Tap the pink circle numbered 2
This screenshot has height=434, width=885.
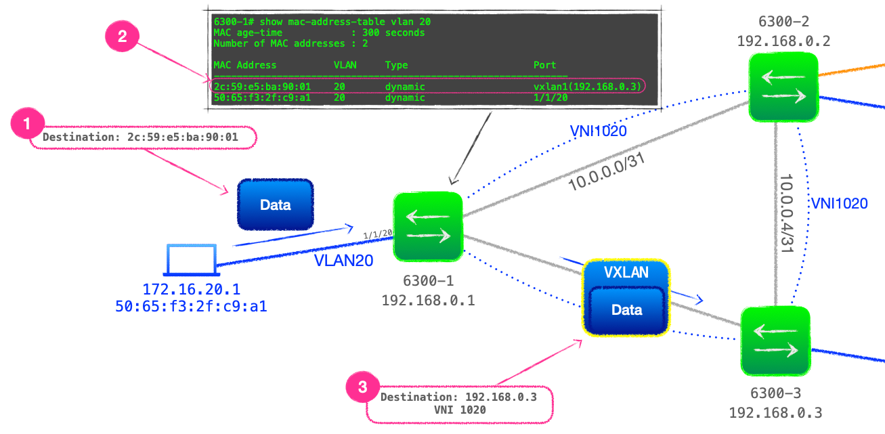click(122, 37)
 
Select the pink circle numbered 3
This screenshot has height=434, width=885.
click(363, 387)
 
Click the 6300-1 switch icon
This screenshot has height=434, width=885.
click(428, 227)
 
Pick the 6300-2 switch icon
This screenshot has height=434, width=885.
click(784, 87)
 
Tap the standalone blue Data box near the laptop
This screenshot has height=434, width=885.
click(275, 204)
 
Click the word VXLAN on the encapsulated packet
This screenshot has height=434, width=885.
click(626, 272)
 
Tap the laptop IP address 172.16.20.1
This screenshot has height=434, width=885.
click(191, 290)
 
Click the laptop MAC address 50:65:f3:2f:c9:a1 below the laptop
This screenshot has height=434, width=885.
click(191, 307)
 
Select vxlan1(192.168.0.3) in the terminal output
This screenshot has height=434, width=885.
click(586, 87)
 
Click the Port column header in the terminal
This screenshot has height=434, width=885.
click(544, 65)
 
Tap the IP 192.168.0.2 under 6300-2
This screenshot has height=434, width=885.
click(783, 41)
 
